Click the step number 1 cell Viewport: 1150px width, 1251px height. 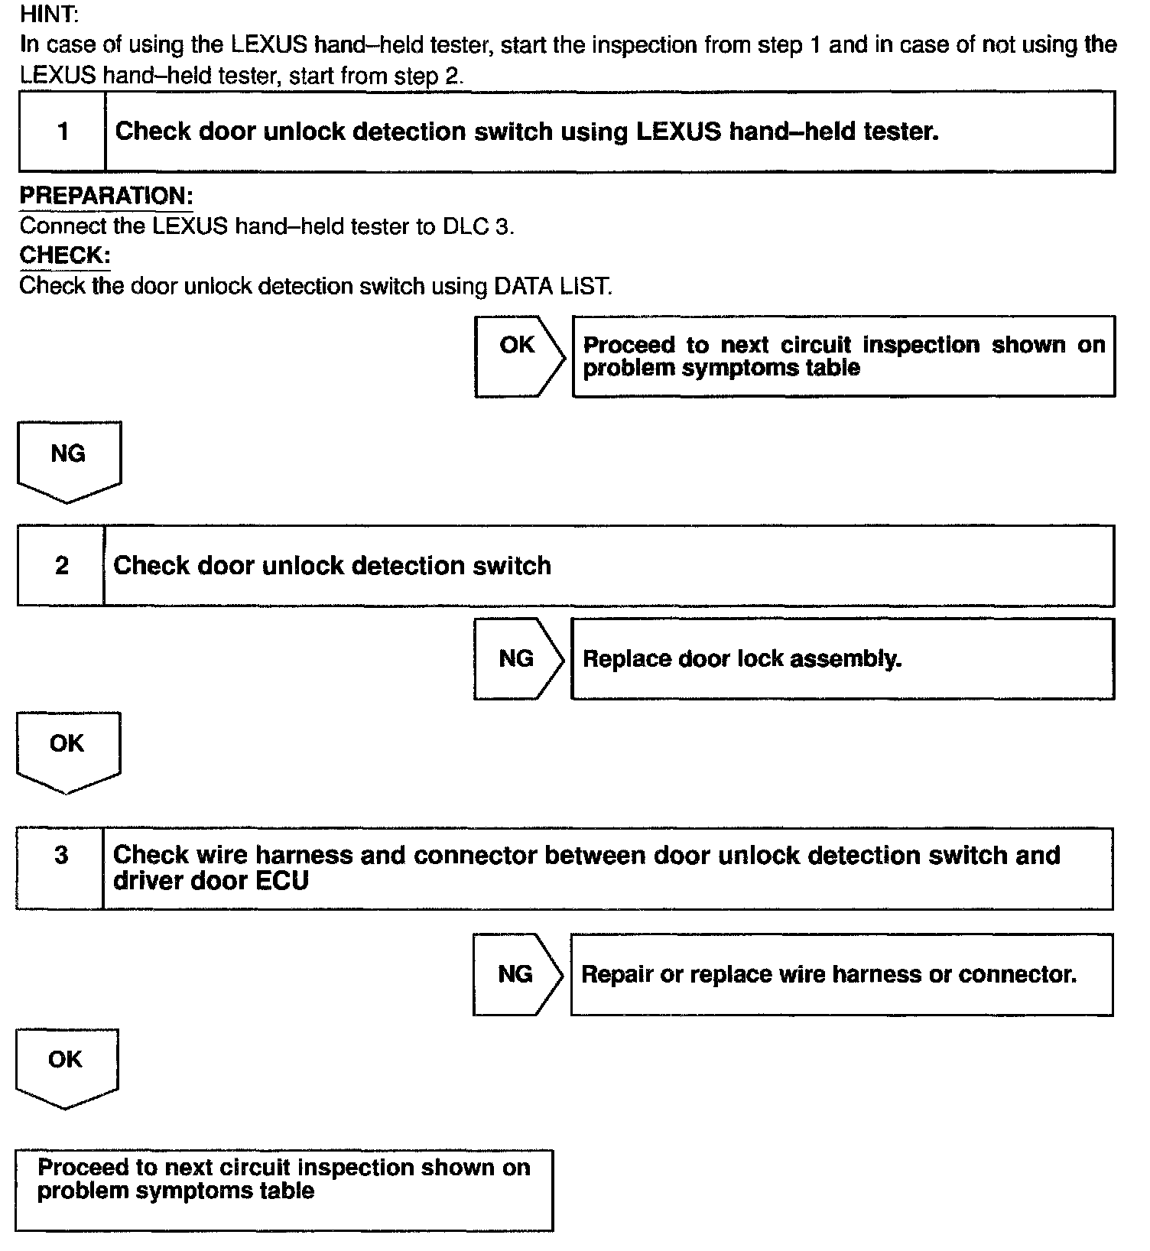[63, 132]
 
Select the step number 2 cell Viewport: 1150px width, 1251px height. [61, 566]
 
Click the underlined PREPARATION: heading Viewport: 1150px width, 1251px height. [106, 196]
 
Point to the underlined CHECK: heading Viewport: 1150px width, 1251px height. [65, 255]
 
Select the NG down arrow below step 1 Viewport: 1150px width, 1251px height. [68, 460]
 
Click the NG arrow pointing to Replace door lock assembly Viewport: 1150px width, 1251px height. [518, 658]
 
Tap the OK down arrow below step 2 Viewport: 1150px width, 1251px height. [67, 750]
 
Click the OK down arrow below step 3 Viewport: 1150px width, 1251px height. [66, 1066]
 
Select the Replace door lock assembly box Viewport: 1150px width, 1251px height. [842, 659]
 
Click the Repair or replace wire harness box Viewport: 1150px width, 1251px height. [841, 974]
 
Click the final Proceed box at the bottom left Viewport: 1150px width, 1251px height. [284, 1190]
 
